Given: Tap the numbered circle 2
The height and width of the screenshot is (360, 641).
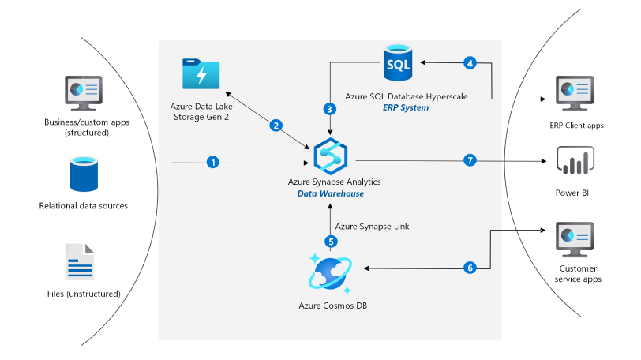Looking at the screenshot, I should tap(276, 125).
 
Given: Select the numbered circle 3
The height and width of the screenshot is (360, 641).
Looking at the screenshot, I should tap(330, 109).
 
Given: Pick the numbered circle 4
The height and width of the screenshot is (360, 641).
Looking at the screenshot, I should tap(470, 62).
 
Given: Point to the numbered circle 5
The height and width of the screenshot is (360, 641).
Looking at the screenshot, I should tap(330, 241).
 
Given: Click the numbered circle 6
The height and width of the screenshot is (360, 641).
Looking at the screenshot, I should tap(470, 268).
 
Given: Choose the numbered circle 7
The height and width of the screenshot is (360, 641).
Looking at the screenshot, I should tap(470, 161).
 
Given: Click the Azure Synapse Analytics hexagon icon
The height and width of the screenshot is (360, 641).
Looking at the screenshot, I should tap(330, 156).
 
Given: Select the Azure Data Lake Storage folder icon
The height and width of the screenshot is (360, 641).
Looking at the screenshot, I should tap(201, 76).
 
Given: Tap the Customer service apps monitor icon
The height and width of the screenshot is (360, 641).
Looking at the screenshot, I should tap(575, 239).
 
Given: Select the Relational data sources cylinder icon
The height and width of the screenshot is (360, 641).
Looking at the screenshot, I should tap(84, 174).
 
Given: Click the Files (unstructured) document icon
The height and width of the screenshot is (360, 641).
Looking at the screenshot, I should tap(81, 262).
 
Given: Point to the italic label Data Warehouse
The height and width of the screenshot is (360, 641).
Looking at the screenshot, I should tap(330, 193).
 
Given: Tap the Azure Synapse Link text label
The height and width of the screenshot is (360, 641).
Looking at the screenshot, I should tap(368, 225).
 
